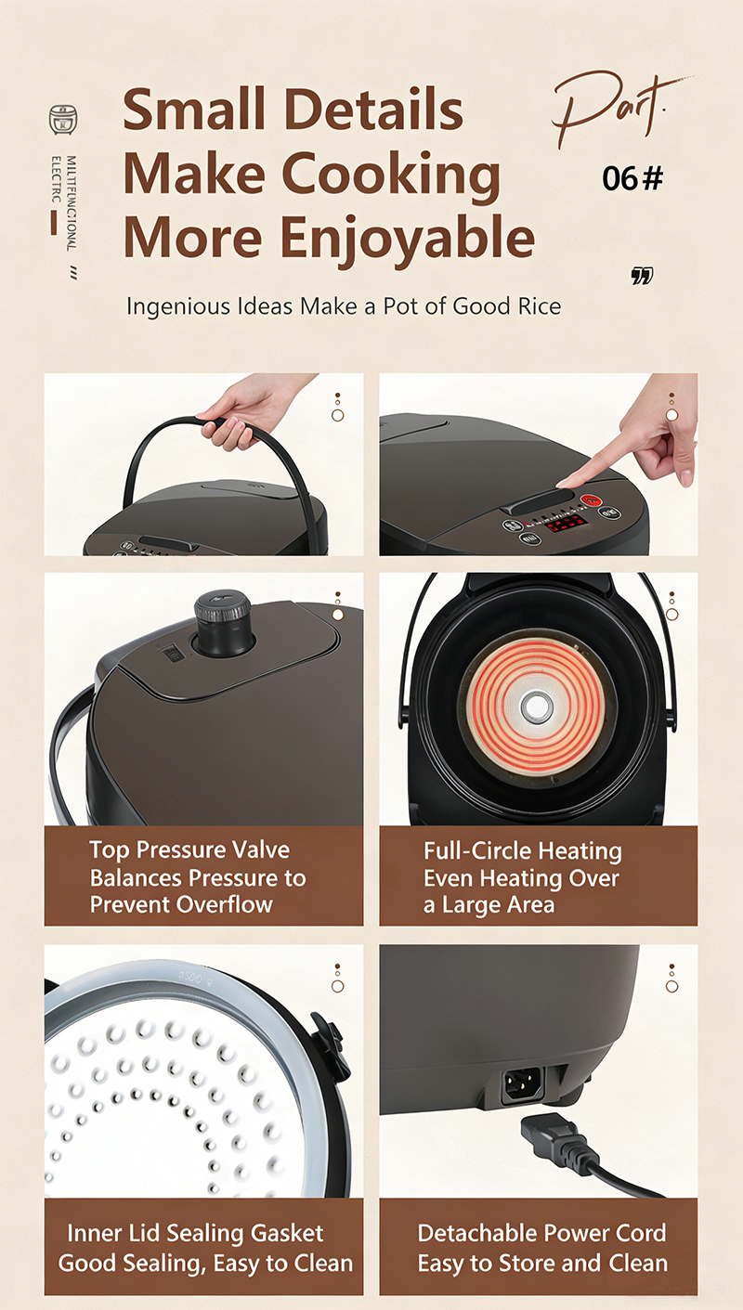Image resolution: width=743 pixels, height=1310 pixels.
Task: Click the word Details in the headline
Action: point(374,110)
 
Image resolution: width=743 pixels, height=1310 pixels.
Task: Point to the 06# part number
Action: point(632,178)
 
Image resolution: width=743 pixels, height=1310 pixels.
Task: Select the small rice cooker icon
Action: point(62,120)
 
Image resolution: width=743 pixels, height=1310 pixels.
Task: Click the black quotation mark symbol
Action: point(642,276)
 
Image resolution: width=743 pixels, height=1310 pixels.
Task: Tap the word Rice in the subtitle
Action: point(540,306)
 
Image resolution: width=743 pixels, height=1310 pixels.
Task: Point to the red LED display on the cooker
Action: point(567,523)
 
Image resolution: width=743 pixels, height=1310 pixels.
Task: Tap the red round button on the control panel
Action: point(592,501)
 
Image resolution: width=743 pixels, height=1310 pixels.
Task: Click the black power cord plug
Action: point(559,1140)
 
